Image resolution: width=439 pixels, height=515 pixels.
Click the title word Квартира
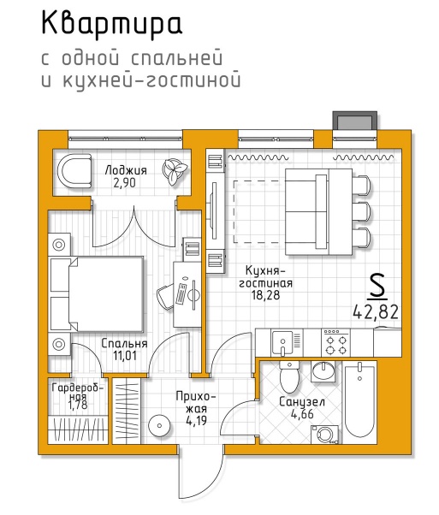[112, 24]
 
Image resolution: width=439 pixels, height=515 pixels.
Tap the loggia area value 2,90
[125, 182]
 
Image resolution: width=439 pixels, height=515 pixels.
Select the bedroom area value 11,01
[125, 355]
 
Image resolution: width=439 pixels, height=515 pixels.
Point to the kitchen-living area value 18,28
[265, 295]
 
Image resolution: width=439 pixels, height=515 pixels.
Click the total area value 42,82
[376, 311]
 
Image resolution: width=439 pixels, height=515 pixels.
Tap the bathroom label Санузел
[302, 402]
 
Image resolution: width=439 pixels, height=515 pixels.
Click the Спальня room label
[124, 344]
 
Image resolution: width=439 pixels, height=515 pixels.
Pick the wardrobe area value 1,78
[78, 405]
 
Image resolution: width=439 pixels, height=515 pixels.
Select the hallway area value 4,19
[196, 421]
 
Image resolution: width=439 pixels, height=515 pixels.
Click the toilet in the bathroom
[289, 376]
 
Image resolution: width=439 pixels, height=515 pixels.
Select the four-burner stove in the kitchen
[335, 342]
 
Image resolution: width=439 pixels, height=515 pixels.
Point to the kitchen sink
[282, 342]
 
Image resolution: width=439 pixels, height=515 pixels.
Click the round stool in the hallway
[159, 426]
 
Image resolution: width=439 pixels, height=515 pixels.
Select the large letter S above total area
[377, 287]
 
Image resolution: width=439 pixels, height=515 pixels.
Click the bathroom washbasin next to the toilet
[323, 371]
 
